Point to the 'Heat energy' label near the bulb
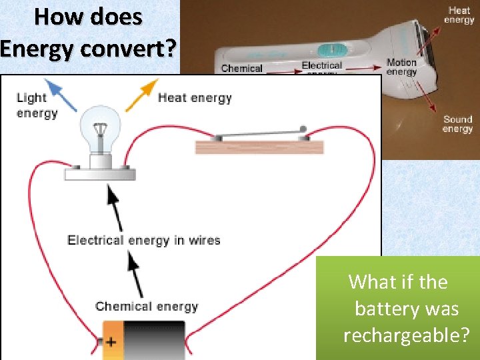(x=195, y=98)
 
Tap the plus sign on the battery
(x=110, y=342)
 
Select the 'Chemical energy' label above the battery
(x=147, y=307)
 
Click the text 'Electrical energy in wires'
(x=143, y=240)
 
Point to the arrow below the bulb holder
(x=115, y=203)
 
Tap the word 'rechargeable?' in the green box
(x=406, y=335)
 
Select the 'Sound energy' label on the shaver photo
(x=457, y=124)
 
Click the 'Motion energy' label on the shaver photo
(x=401, y=67)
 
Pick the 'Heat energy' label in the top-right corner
(x=459, y=15)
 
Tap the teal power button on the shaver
(x=329, y=49)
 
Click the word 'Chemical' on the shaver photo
(x=241, y=68)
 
